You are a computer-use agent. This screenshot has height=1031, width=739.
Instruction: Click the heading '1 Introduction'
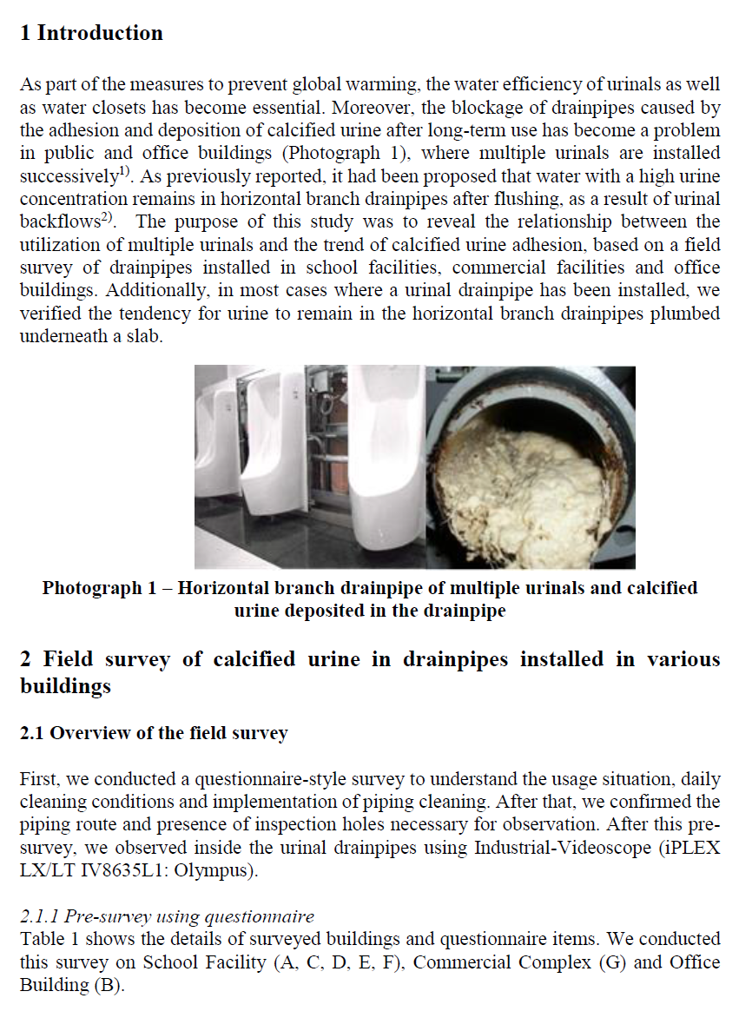(x=91, y=33)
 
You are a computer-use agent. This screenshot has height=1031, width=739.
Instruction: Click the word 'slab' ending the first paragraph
(x=141, y=336)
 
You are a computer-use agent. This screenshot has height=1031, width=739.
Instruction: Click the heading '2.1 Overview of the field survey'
(x=154, y=733)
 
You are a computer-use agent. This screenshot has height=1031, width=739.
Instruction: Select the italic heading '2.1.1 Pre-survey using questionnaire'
(x=167, y=916)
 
